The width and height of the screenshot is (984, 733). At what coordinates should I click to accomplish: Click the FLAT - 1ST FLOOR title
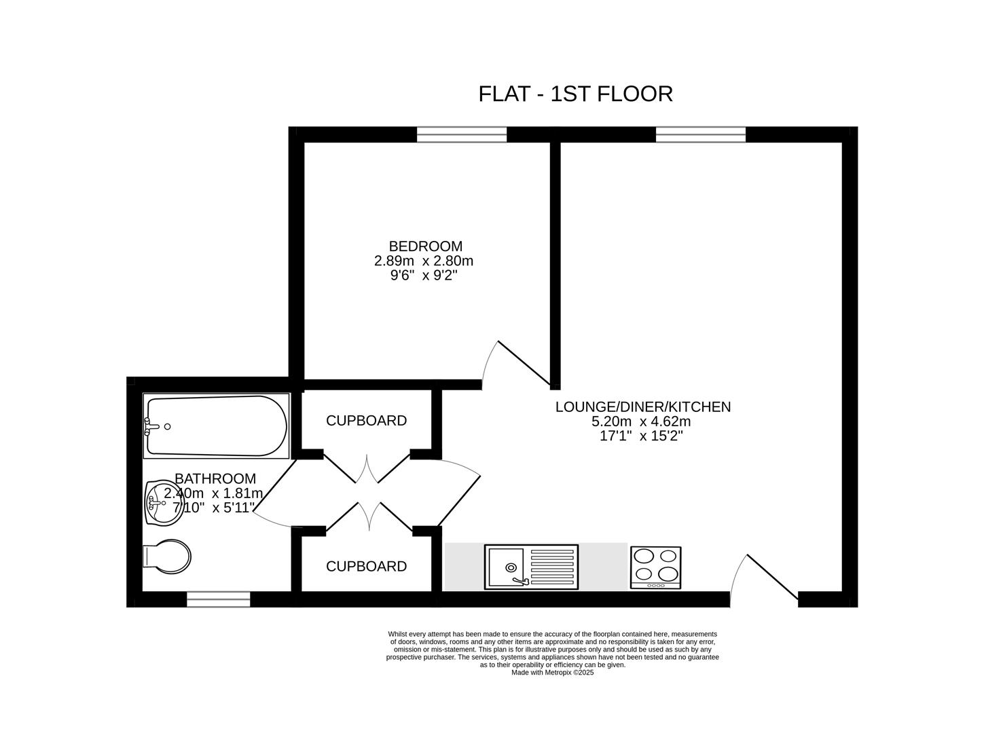tap(575, 94)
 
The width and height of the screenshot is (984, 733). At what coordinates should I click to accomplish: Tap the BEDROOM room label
tap(425, 246)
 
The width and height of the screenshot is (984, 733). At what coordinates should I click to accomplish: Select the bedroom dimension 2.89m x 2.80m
tap(424, 261)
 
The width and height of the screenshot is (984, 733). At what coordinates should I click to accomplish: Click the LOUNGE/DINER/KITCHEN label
tap(643, 407)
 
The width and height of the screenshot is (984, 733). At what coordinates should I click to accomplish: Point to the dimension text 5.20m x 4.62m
tap(641, 421)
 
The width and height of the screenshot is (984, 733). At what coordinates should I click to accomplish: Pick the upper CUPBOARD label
tap(366, 421)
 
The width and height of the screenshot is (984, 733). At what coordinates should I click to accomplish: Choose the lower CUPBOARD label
tap(366, 567)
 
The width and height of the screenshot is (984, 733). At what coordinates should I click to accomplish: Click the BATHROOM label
tap(215, 478)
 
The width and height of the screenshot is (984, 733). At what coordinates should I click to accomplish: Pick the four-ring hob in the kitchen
tap(655, 567)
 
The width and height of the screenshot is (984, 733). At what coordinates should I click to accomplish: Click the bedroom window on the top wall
tap(462, 134)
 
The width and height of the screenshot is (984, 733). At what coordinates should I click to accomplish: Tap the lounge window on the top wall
tap(700, 134)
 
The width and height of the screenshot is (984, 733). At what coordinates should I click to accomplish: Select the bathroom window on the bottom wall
tap(218, 599)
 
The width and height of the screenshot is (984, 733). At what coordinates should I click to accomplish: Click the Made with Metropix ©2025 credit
tap(552, 673)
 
